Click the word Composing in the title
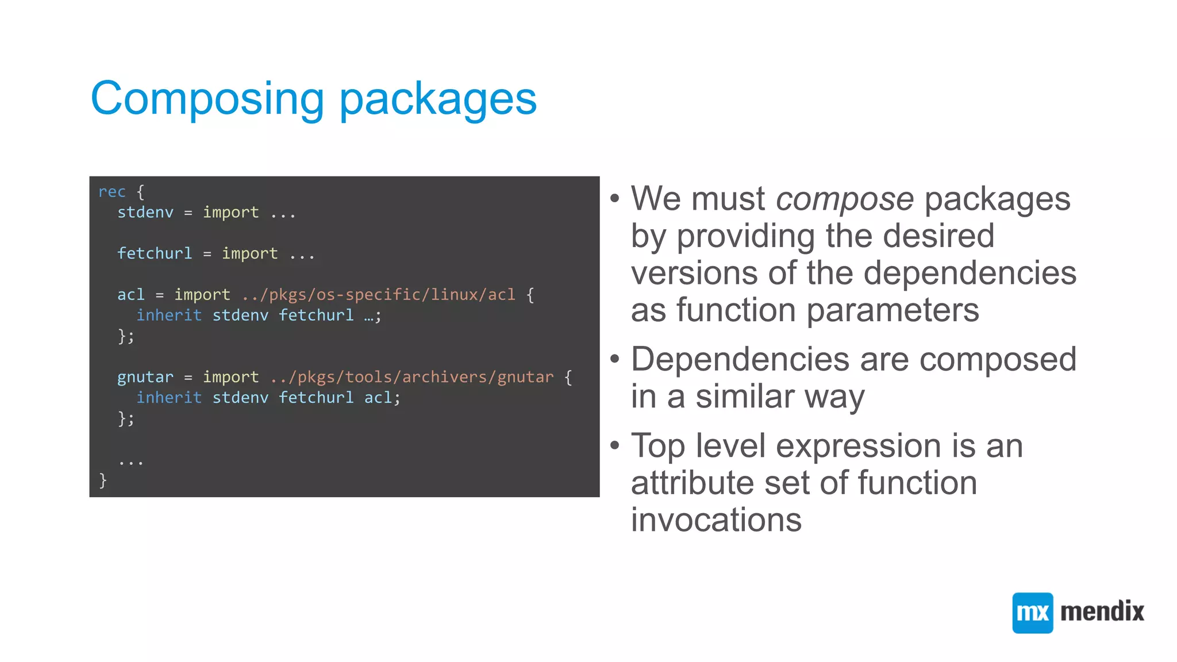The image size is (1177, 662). tap(207, 99)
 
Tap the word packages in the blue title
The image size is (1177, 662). tap(438, 99)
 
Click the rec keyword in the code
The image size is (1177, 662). tap(111, 192)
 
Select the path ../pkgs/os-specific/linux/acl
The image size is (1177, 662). tap(379, 295)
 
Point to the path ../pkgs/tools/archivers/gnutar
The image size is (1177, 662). tap(411, 377)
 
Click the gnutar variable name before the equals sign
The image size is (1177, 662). tap(145, 377)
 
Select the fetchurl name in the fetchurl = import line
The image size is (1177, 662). tap(155, 253)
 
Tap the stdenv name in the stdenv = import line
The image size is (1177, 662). tap(145, 213)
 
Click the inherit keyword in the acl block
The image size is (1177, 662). tap(169, 315)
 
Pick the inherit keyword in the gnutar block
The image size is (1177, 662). tap(169, 398)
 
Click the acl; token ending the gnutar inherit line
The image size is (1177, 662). tap(382, 398)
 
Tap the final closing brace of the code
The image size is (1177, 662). tap(103, 480)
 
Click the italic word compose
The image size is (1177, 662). tap(845, 199)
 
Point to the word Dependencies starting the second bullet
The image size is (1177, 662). tap(740, 360)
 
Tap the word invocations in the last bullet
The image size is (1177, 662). tap(716, 520)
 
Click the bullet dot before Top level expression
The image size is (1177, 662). tap(615, 445)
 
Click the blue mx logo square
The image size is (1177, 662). tap(1032, 613)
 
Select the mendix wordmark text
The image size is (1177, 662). tap(1102, 611)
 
